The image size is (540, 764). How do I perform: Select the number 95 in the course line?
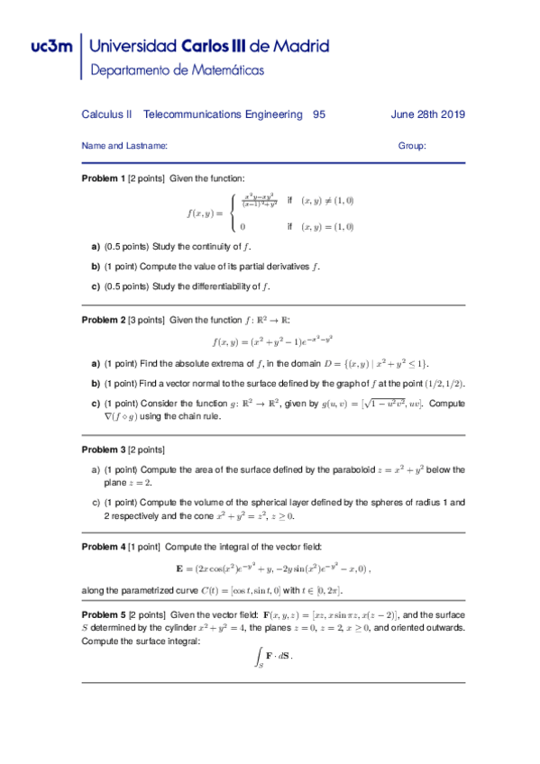click(x=319, y=114)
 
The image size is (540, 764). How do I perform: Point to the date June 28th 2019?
click(x=427, y=114)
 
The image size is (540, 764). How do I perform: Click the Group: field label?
click(x=412, y=145)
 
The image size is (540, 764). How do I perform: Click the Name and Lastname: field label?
click(x=124, y=145)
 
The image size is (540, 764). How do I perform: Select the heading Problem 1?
click(x=104, y=179)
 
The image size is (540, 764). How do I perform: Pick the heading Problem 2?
click(x=104, y=320)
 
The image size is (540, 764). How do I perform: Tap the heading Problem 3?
click(x=104, y=449)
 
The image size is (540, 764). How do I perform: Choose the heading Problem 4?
click(x=104, y=545)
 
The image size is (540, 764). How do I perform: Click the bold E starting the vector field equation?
click(x=179, y=568)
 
